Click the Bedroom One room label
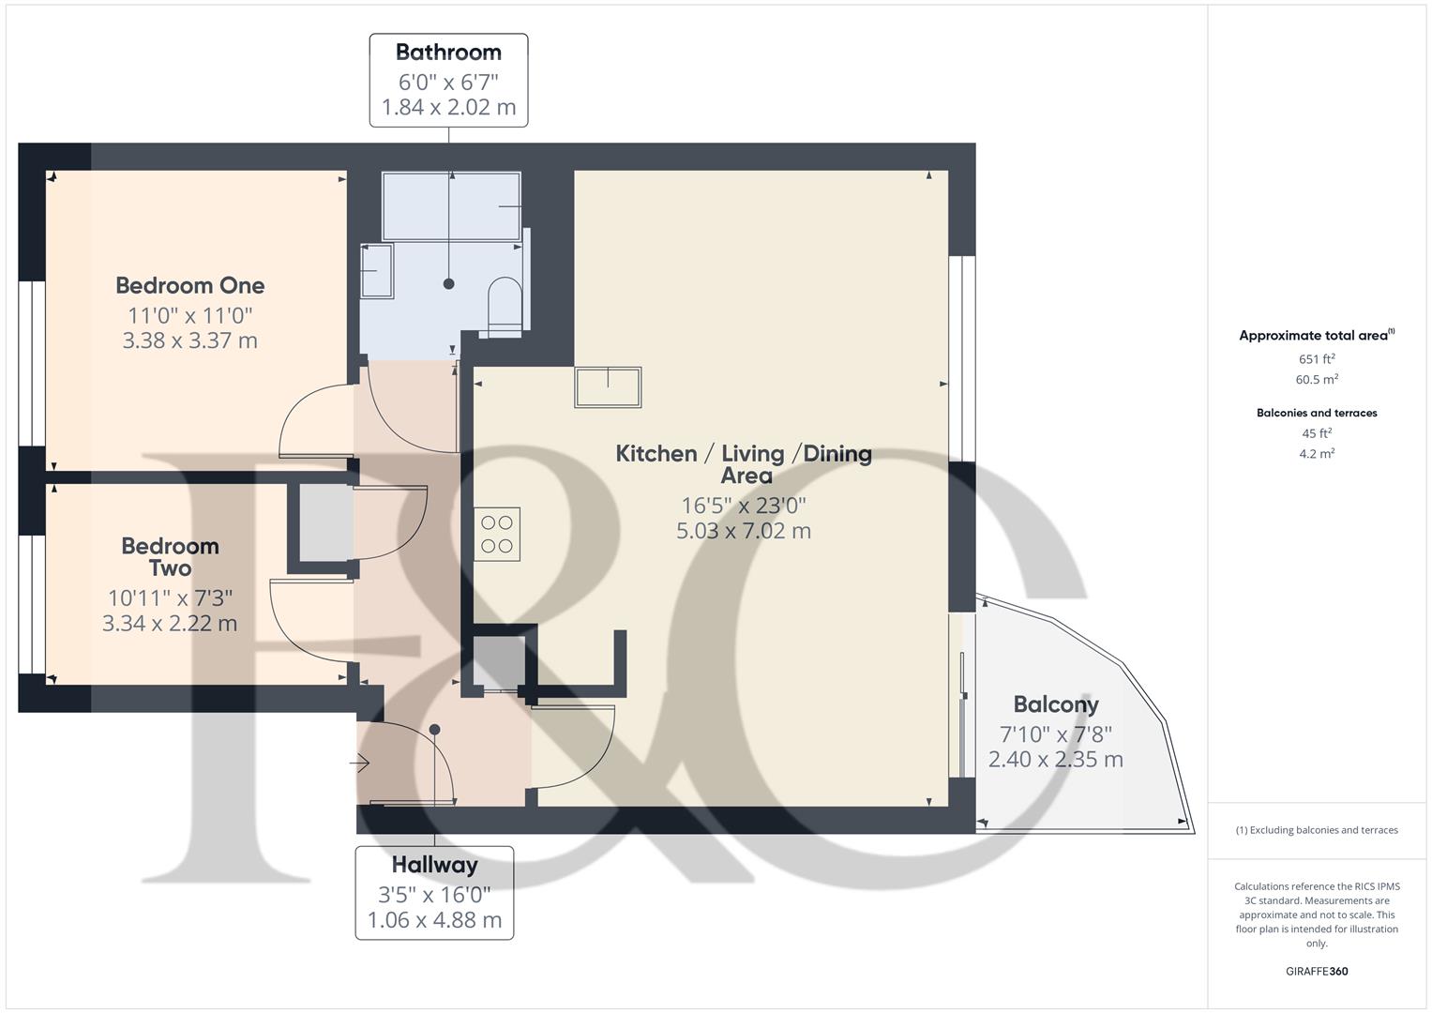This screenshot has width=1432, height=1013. click(x=189, y=286)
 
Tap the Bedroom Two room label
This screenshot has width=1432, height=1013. click(x=170, y=557)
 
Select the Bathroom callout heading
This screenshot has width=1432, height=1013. click(x=448, y=53)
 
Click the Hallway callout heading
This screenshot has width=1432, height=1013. click(x=434, y=865)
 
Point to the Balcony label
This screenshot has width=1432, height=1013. click(x=1055, y=705)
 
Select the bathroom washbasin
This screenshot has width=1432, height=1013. click(x=377, y=271)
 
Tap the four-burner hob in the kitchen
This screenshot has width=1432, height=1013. click(x=497, y=535)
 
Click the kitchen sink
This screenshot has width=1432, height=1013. click(x=609, y=386)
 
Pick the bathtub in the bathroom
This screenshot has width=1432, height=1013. click(x=451, y=204)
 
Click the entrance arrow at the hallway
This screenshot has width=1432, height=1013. click(x=360, y=764)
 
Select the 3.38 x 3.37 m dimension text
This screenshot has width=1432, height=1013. click(x=189, y=340)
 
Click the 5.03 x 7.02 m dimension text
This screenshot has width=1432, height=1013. click(x=744, y=531)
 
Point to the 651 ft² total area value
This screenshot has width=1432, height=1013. click(x=1317, y=359)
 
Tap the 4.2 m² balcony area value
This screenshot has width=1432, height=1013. click(x=1317, y=454)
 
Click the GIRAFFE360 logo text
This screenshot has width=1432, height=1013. click(x=1317, y=972)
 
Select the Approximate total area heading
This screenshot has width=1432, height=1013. click(x=1316, y=335)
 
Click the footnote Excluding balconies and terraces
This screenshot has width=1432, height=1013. click(x=1317, y=830)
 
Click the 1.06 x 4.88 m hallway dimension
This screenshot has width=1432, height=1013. click(x=434, y=920)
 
